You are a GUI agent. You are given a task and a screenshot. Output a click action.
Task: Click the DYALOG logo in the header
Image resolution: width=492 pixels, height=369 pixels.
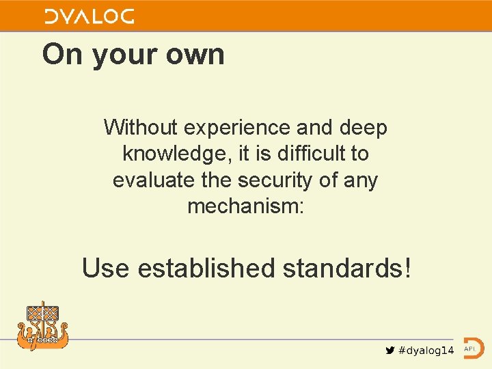(90, 16)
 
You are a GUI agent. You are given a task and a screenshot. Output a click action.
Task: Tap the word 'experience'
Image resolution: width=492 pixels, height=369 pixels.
(238, 128)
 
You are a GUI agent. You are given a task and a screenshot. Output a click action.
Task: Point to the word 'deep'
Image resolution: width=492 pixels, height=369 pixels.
(361, 128)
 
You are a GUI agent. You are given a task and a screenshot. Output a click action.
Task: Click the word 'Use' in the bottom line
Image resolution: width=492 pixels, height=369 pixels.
(106, 268)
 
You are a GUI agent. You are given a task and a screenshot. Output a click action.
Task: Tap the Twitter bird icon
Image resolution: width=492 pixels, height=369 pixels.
(390, 350)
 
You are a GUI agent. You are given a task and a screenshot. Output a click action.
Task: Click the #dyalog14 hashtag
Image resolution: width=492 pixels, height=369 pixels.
(426, 350)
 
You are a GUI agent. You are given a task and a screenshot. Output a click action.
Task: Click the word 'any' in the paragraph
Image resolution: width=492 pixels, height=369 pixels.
(360, 181)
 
